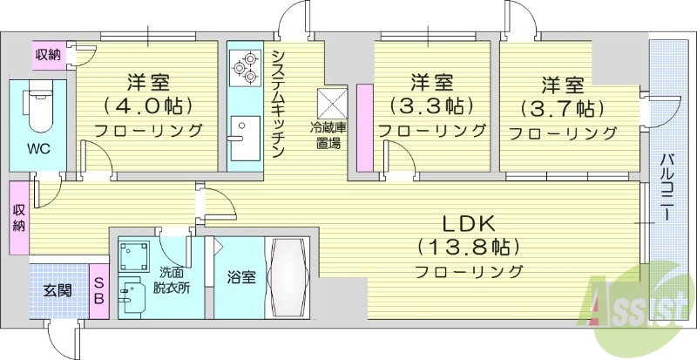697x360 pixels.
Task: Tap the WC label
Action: (x=37, y=148)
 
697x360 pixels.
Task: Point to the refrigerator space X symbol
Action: (x=332, y=102)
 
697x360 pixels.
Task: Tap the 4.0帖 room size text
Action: (x=148, y=105)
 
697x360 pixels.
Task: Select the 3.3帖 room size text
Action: (x=432, y=106)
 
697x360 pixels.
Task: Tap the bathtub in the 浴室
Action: (x=286, y=276)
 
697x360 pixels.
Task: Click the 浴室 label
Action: (x=240, y=278)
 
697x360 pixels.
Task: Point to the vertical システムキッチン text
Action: (x=277, y=102)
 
